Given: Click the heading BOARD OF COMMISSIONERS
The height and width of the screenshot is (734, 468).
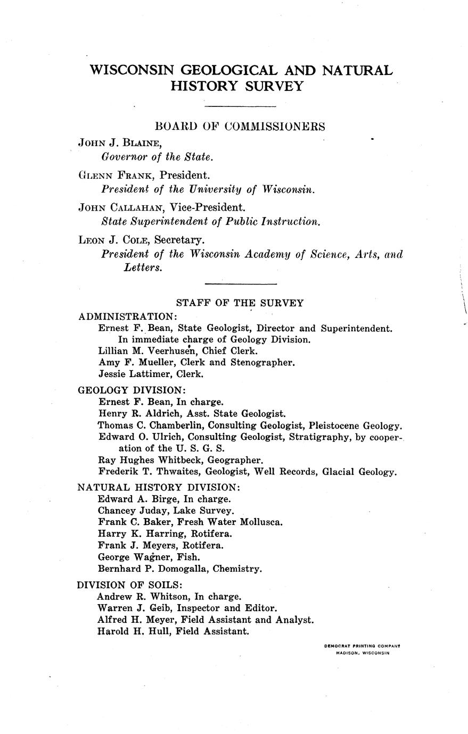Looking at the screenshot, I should pos(240,127).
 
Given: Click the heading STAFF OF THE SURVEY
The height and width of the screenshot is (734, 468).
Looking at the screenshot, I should pos(240,303).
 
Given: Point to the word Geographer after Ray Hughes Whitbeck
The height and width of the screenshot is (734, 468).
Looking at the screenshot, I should pos(237,460).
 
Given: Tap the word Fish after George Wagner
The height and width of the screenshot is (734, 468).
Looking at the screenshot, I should pos(189,557).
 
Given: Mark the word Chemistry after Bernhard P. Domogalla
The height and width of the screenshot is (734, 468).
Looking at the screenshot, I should pos(236,569).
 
